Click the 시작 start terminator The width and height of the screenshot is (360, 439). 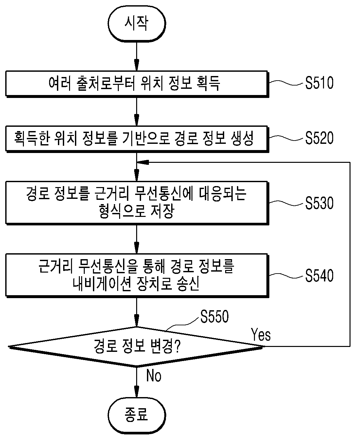137,24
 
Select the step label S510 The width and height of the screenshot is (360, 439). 319,83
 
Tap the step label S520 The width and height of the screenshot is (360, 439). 319,138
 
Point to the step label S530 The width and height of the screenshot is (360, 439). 319,203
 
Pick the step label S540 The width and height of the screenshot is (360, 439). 319,276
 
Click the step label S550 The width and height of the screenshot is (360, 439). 214,316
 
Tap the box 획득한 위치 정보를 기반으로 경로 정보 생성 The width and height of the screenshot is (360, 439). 137,139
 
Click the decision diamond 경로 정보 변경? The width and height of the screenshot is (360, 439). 136,347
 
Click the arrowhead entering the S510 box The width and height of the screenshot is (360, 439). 137,65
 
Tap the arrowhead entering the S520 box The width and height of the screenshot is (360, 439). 137,120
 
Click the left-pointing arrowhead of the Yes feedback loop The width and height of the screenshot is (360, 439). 143,162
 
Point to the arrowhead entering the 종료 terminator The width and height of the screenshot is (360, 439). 137,392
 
